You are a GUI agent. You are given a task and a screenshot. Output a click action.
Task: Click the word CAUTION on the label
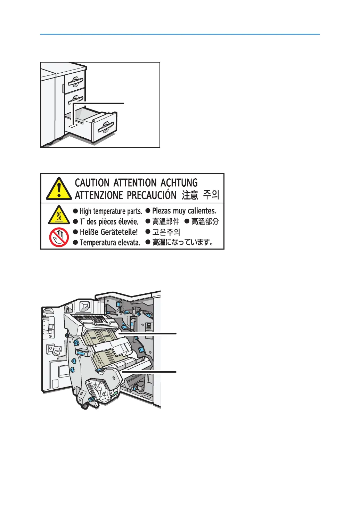tap(92, 183)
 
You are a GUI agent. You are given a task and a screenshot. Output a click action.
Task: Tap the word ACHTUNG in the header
tap(179, 183)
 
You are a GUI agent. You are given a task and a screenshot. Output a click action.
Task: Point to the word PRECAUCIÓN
tap(152, 195)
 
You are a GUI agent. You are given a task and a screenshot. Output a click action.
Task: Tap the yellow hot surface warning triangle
tap(59, 215)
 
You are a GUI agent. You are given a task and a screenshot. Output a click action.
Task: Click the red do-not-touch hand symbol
tap(59, 237)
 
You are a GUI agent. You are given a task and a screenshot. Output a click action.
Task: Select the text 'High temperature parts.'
tap(111, 211)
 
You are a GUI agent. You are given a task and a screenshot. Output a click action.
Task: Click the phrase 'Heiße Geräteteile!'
tap(108, 232)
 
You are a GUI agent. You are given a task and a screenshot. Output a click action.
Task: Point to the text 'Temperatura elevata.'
tap(110, 243)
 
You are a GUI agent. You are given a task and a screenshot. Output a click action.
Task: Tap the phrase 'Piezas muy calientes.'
tap(184, 211)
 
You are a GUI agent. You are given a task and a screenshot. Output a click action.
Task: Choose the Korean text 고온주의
tap(166, 232)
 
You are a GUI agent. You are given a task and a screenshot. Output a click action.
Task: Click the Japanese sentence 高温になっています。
tap(183, 243)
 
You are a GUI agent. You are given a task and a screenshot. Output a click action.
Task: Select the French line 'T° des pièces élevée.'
tap(109, 222)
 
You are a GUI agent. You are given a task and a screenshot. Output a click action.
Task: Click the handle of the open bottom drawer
tap(106, 128)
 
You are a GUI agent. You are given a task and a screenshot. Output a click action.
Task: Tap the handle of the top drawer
tap(75, 82)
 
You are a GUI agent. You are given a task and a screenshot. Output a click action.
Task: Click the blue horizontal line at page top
tap(180, 34)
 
